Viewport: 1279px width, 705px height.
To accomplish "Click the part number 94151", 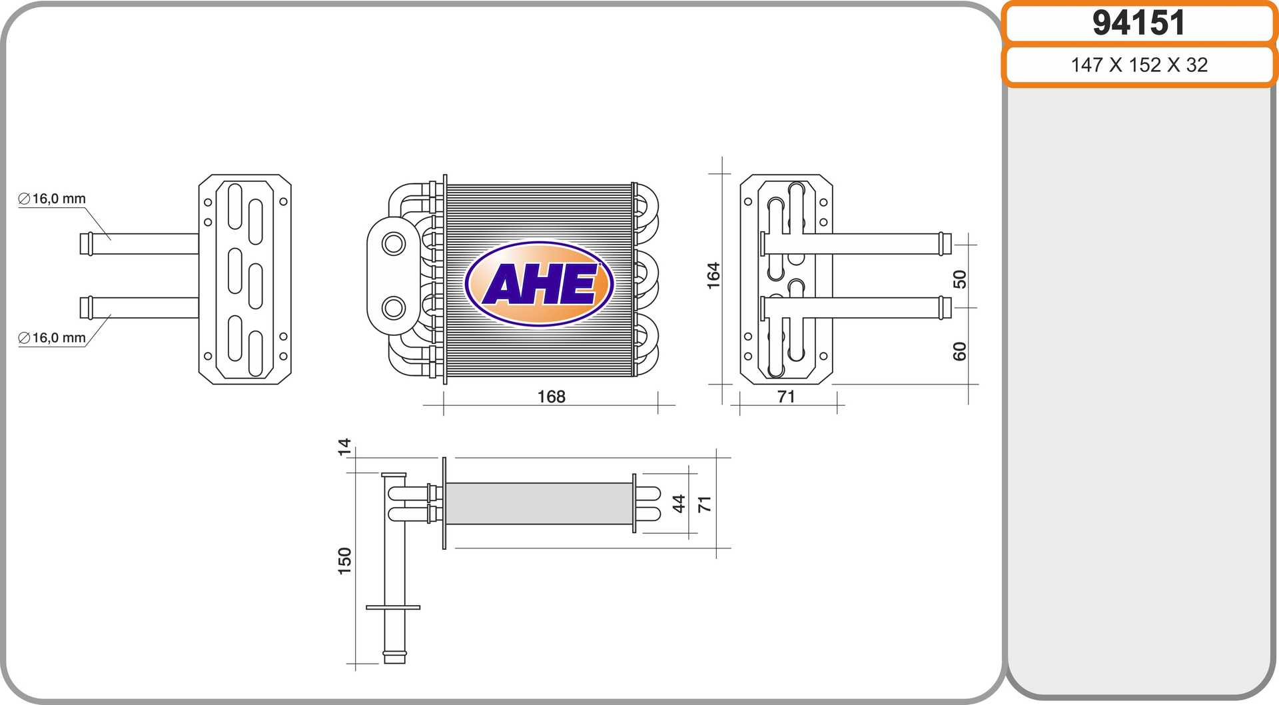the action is pyautogui.click(x=1138, y=23).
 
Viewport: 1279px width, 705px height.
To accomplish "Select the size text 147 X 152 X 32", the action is pyautogui.click(x=1138, y=65).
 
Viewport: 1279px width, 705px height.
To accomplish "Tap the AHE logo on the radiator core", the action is pyautogui.click(x=539, y=284).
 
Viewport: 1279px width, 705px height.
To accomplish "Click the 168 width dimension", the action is pyautogui.click(x=551, y=396).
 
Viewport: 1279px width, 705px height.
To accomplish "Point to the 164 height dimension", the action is pyautogui.click(x=713, y=275).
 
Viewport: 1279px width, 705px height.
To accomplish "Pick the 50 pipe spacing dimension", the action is pyautogui.click(x=959, y=279).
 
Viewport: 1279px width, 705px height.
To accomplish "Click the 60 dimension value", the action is pyautogui.click(x=959, y=351).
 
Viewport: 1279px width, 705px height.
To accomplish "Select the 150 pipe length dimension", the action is pyautogui.click(x=344, y=560).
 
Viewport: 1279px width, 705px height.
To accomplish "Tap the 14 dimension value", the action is pyautogui.click(x=344, y=446).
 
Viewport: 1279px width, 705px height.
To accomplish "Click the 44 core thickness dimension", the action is pyautogui.click(x=678, y=503).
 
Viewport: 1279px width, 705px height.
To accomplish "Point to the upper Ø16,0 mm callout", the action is pyautogui.click(x=52, y=199).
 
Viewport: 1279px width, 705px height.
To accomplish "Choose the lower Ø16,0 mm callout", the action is pyautogui.click(x=52, y=338).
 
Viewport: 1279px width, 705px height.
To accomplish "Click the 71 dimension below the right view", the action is pyautogui.click(x=786, y=396).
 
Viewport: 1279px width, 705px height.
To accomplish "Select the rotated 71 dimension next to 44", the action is pyautogui.click(x=704, y=504).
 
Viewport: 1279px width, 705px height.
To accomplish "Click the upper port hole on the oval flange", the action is pyautogui.click(x=394, y=243).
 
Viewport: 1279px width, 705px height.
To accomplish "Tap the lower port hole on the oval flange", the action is pyautogui.click(x=394, y=308).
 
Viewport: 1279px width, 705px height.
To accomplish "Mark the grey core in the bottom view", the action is pyautogui.click(x=538, y=504).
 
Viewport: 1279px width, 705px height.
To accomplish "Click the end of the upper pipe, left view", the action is pyautogui.click(x=86, y=244).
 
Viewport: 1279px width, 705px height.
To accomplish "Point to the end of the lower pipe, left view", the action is pyautogui.click(x=86, y=308).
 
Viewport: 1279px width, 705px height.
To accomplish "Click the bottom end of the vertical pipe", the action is pyautogui.click(x=394, y=658).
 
